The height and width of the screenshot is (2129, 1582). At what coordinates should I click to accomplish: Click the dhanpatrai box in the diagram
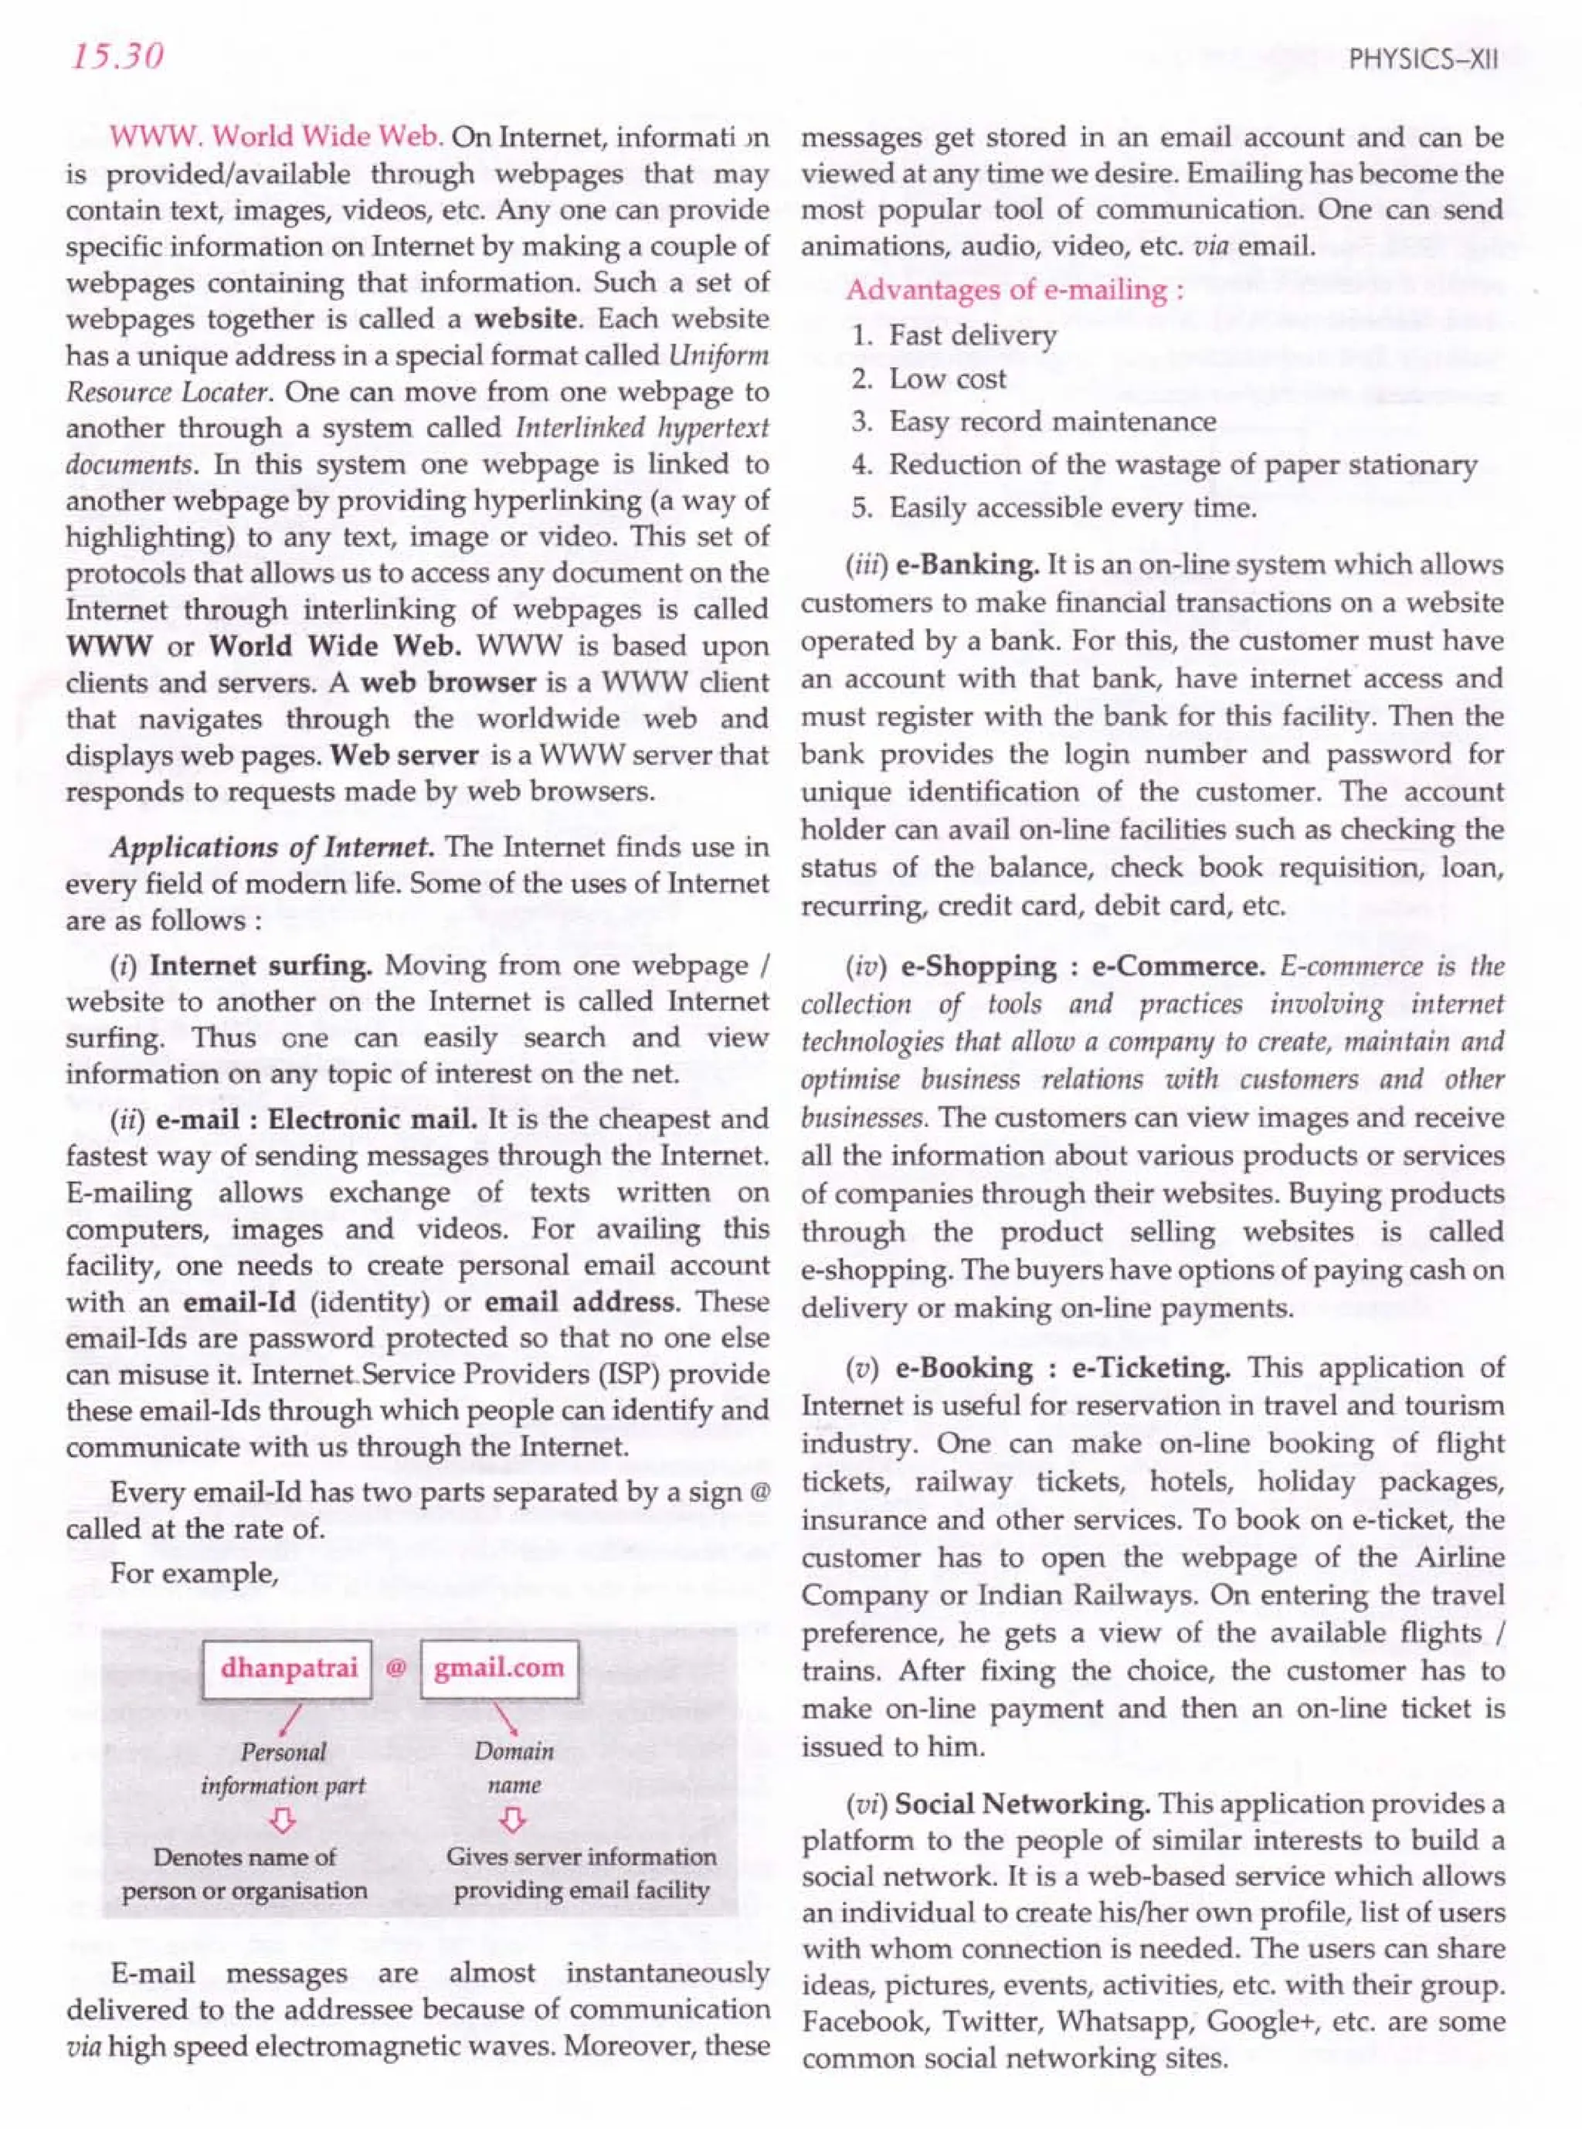point(287,1669)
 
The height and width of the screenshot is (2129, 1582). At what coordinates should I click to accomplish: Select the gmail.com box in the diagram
point(499,1669)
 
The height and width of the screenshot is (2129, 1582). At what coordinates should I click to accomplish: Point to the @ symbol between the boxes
point(395,1669)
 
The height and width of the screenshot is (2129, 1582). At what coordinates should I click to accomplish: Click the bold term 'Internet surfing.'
point(260,966)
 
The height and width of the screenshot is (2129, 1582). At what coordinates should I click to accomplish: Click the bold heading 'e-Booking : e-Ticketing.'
point(1063,1367)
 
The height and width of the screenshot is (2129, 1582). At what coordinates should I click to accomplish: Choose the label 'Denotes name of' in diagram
point(244,1857)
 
